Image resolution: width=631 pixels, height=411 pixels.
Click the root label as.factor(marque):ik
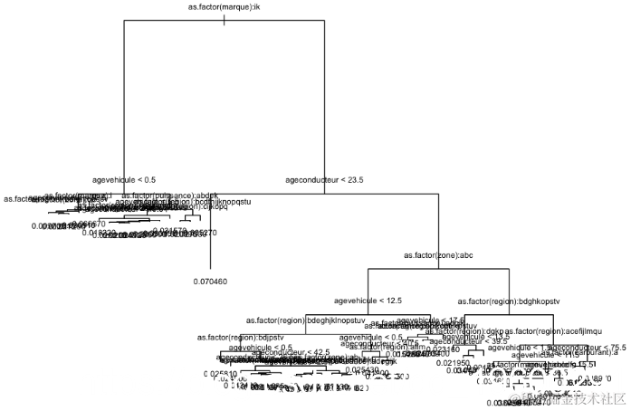click(x=224, y=8)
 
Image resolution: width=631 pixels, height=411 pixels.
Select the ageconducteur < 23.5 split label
click(x=324, y=180)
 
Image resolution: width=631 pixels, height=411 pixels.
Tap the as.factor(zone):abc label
click(x=438, y=256)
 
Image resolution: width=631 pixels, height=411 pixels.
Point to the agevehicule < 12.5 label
click(x=367, y=300)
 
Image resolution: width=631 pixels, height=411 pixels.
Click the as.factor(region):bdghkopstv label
click(x=510, y=301)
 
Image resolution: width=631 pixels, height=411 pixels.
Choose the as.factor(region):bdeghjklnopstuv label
click(x=306, y=320)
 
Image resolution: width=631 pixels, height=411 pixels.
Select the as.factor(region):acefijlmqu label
click(x=553, y=332)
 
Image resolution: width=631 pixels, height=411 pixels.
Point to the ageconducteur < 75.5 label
click(x=588, y=347)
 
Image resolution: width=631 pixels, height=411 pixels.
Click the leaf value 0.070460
click(x=210, y=282)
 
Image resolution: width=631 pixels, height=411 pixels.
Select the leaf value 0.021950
click(x=452, y=362)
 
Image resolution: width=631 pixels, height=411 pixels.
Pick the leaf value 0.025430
click(x=362, y=370)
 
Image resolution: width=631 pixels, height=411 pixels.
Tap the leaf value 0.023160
click(x=441, y=349)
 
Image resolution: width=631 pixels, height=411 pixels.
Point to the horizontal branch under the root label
click(x=224, y=20)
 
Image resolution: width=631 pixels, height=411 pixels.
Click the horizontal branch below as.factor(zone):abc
click(x=438, y=268)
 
